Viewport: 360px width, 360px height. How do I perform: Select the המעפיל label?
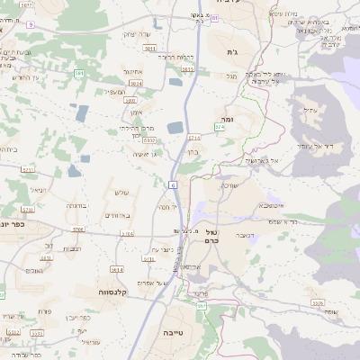point(114,91)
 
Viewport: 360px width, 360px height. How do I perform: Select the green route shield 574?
point(219,128)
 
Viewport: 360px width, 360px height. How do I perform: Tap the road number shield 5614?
point(116,269)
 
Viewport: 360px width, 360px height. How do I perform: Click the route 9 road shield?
point(30,25)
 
